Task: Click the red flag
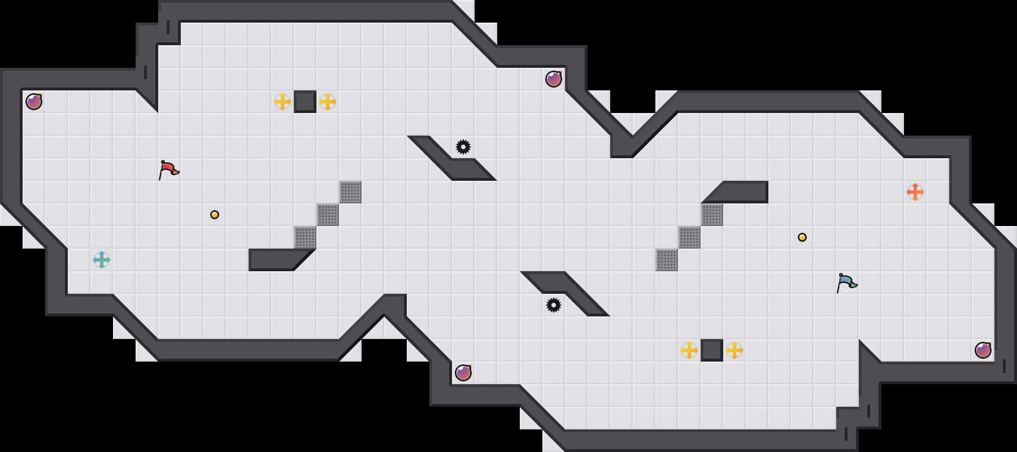[x=168, y=169]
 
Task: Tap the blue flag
[x=846, y=282]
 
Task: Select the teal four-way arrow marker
[x=102, y=260]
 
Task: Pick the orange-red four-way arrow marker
[x=915, y=192]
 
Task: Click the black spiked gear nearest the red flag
[x=463, y=147]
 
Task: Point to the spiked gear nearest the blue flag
[x=554, y=305]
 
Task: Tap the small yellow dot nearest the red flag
[x=215, y=215]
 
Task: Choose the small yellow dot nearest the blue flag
[x=802, y=237]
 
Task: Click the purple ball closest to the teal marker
[x=34, y=102]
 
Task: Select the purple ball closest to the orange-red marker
[x=983, y=350]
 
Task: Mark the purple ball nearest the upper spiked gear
[x=554, y=79]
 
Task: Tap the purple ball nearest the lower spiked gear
[x=463, y=373]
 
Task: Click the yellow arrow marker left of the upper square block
[x=282, y=102]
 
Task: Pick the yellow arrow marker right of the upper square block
[x=328, y=102]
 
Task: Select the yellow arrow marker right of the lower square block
[x=734, y=350]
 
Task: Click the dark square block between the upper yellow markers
[x=305, y=102]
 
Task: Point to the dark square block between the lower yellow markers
[x=712, y=350]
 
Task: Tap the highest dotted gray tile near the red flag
[x=350, y=192]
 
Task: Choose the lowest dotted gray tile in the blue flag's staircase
[x=667, y=260]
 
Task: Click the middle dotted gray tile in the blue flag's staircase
[x=689, y=237]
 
